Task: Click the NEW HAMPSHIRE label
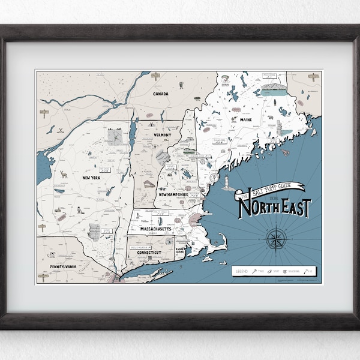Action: coord(175,195)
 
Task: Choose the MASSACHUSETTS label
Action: coord(156,229)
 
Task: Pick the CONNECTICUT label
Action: coord(146,253)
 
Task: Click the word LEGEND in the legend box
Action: coord(242,271)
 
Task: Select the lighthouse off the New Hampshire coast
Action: coord(227,184)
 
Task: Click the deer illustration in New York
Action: coord(64,175)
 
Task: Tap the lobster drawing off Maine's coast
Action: coord(285,152)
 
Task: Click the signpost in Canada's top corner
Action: coord(155,76)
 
